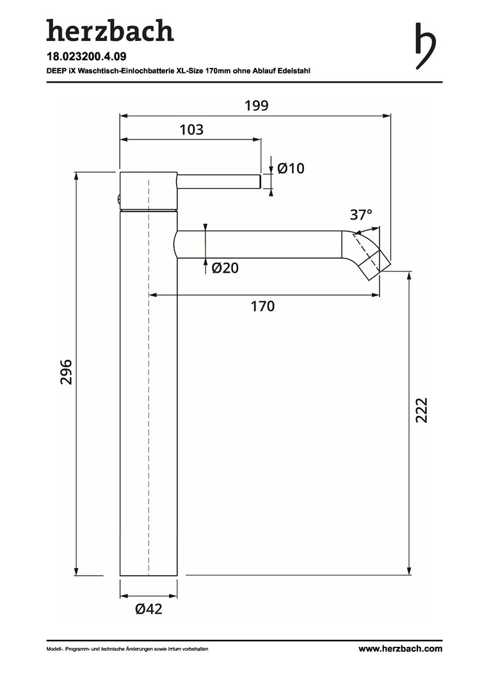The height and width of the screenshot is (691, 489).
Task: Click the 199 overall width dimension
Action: [257, 106]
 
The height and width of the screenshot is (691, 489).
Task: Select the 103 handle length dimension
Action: [191, 129]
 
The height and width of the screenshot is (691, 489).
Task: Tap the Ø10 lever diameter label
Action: [291, 168]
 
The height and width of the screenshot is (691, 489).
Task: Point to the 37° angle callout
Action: [361, 214]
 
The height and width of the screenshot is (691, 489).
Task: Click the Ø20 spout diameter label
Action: [225, 267]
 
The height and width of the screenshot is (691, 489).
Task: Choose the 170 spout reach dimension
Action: [263, 306]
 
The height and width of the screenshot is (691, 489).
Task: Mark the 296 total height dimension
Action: [66, 372]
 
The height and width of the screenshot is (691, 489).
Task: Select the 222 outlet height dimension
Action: [422, 410]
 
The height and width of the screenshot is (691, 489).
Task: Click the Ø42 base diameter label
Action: [149, 609]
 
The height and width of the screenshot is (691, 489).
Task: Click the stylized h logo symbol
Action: [426, 46]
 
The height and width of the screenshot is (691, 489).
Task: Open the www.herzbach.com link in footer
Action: [401, 648]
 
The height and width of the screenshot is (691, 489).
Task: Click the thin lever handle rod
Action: [219, 182]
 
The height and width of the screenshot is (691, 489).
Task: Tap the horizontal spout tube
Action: [259, 244]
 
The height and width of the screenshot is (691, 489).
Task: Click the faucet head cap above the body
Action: [148, 190]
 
